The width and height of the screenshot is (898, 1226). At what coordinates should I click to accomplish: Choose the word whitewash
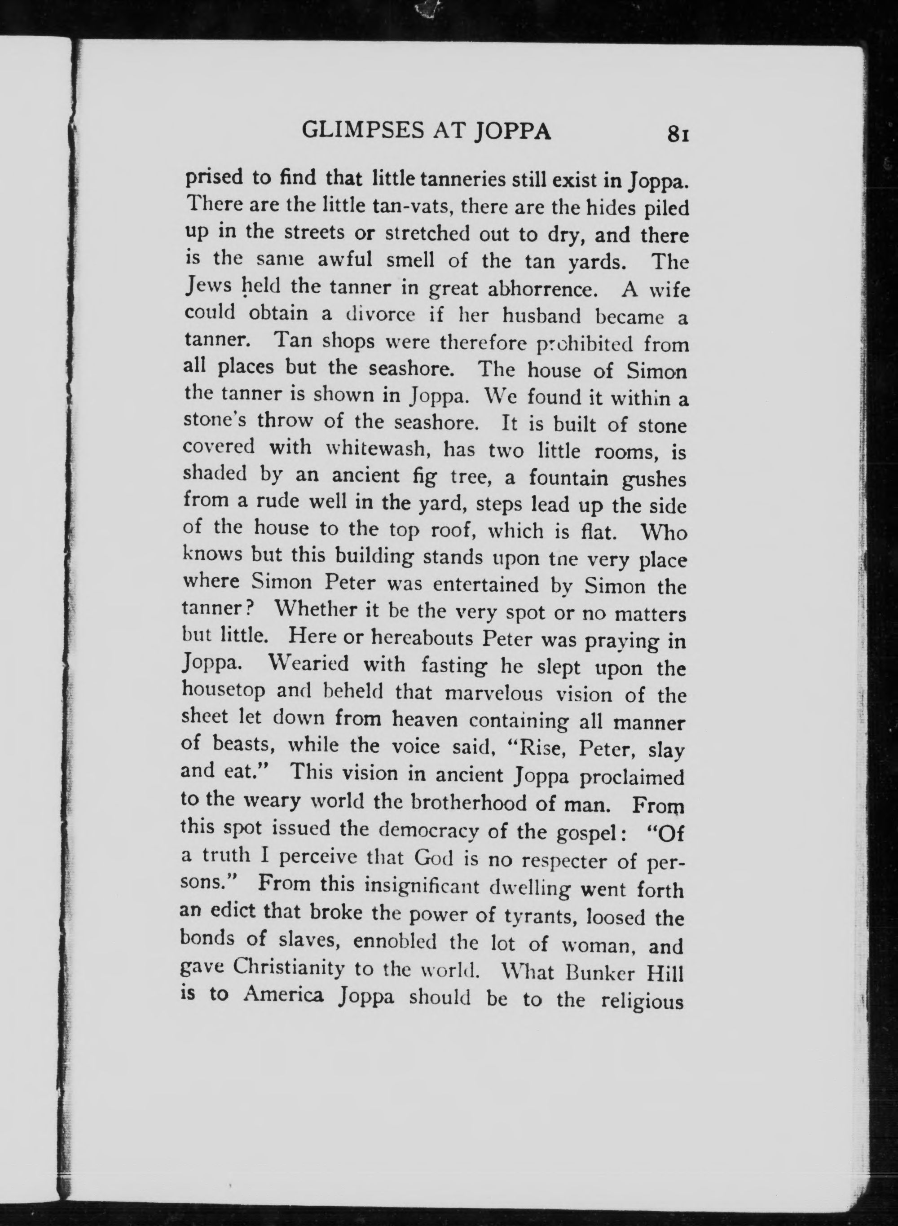pyautogui.click(x=379, y=449)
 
